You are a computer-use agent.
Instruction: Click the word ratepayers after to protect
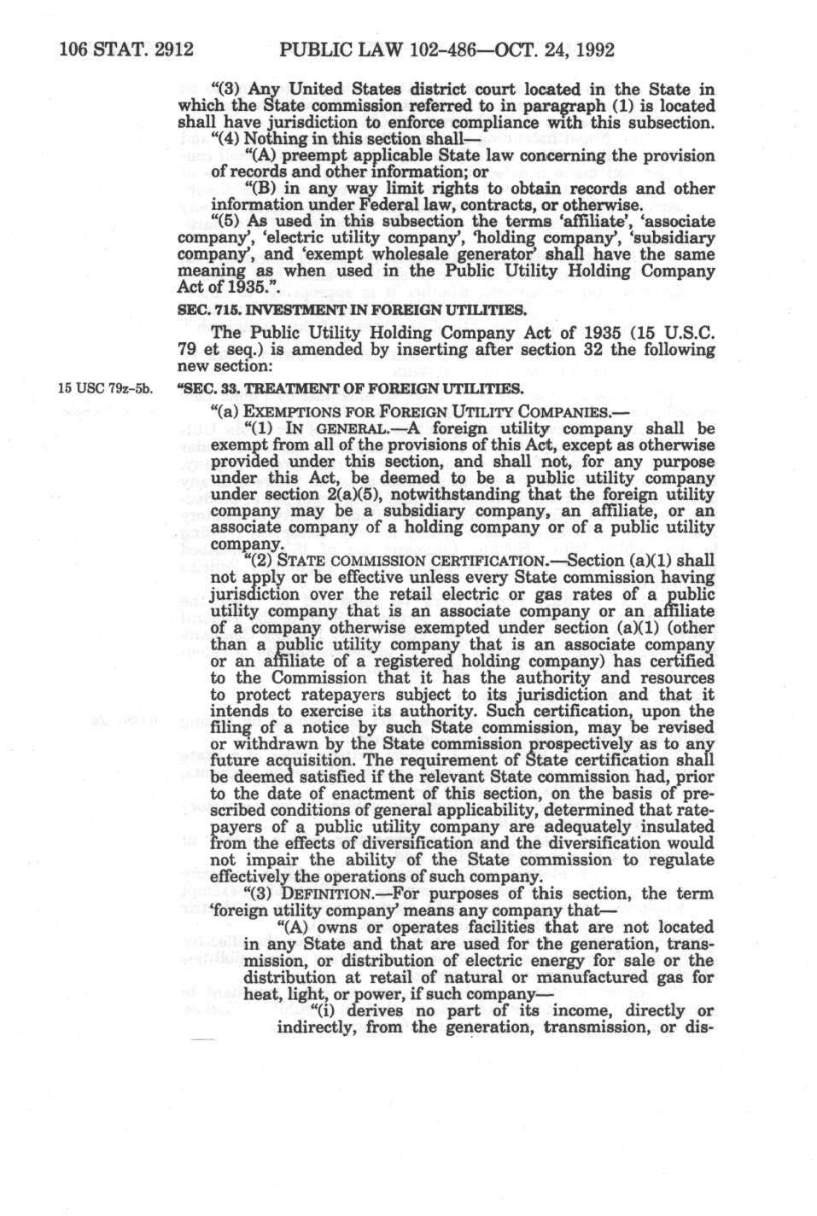(302, 695)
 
